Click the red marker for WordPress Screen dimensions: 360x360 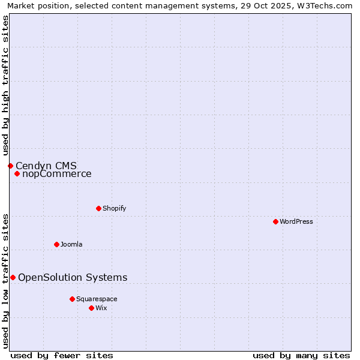(275, 221)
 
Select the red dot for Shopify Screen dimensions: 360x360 (98, 208)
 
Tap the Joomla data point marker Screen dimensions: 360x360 (56, 244)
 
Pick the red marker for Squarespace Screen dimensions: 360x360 (72, 299)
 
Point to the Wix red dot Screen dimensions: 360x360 (91, 308)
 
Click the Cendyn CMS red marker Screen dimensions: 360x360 (10, 166)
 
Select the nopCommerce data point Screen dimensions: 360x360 (17, 174)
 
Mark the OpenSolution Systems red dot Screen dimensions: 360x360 (13, 277)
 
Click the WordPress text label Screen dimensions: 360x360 (296, 221)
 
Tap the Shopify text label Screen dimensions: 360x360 (114, 208)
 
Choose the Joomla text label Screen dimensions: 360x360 (71, 244)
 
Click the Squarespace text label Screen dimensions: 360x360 (97, 299)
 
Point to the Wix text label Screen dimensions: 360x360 (101, 308)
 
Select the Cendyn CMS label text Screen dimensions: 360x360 (46, 166)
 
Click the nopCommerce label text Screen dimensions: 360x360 (57, 174)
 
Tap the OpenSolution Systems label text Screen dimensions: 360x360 (73, 277)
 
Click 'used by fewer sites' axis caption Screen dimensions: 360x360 (62, 355)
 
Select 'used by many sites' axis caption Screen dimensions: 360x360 (301, 355)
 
